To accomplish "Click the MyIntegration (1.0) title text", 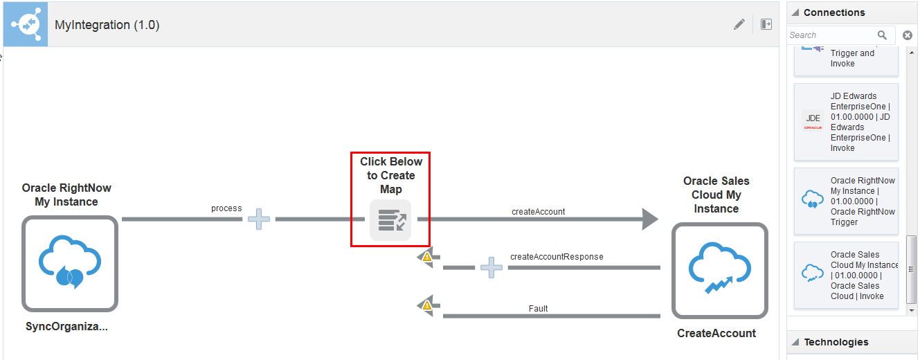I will point(107,25).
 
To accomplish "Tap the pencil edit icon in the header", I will point(739,24).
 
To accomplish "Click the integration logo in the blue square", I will point(26,24).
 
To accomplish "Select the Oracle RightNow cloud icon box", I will point(70,264).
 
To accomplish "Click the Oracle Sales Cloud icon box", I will point(719,271).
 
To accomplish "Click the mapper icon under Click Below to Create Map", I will point(390,220).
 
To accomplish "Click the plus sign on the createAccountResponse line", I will point(491,267).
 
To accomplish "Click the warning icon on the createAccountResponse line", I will point(427,257).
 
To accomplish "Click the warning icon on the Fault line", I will point(427,305).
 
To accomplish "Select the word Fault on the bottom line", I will point(538,309).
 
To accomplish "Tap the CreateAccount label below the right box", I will point(716,333).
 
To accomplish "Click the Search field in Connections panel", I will point(831,35).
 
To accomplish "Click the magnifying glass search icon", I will point(882,35).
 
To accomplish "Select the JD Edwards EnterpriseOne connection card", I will point(846,122).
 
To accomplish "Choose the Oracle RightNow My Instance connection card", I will point(846,201).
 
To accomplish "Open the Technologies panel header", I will point(836,342).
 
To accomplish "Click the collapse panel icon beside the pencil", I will point(766,24).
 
